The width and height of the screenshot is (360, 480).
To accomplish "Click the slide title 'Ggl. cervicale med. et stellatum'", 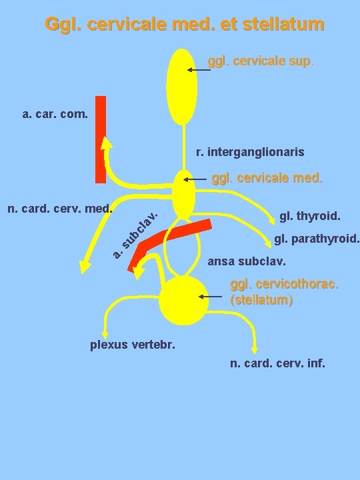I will [x=185, y=25].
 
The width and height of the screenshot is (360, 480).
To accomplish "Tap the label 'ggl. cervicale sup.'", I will [x=261, y=61].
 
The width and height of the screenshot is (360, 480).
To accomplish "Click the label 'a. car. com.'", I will [x=55, y=114].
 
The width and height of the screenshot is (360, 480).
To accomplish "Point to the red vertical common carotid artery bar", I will [x=101, y=139].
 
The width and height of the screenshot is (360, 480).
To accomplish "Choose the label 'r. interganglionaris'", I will [x=250, y=153].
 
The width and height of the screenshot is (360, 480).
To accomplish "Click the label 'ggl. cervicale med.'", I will [x=267, y=179].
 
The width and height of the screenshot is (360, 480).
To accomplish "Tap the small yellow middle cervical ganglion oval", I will [x=183, y=193].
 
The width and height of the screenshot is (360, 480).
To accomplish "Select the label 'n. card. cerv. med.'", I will [x=59, y=209].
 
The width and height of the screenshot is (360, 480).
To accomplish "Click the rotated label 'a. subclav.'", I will [x=135, y=235].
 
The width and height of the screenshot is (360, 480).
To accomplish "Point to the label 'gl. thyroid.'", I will [x=310, y=216].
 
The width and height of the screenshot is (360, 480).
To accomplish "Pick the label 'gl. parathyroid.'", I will [x=317, y=239].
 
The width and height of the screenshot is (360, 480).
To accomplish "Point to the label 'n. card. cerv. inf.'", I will [x=277, y=364].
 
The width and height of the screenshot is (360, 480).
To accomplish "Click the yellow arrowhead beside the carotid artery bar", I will [x=107, y=145].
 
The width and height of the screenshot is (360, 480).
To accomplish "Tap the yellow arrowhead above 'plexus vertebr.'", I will [x=104, y=335].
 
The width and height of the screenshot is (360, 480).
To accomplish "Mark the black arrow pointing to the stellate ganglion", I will [x=213, y=297].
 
